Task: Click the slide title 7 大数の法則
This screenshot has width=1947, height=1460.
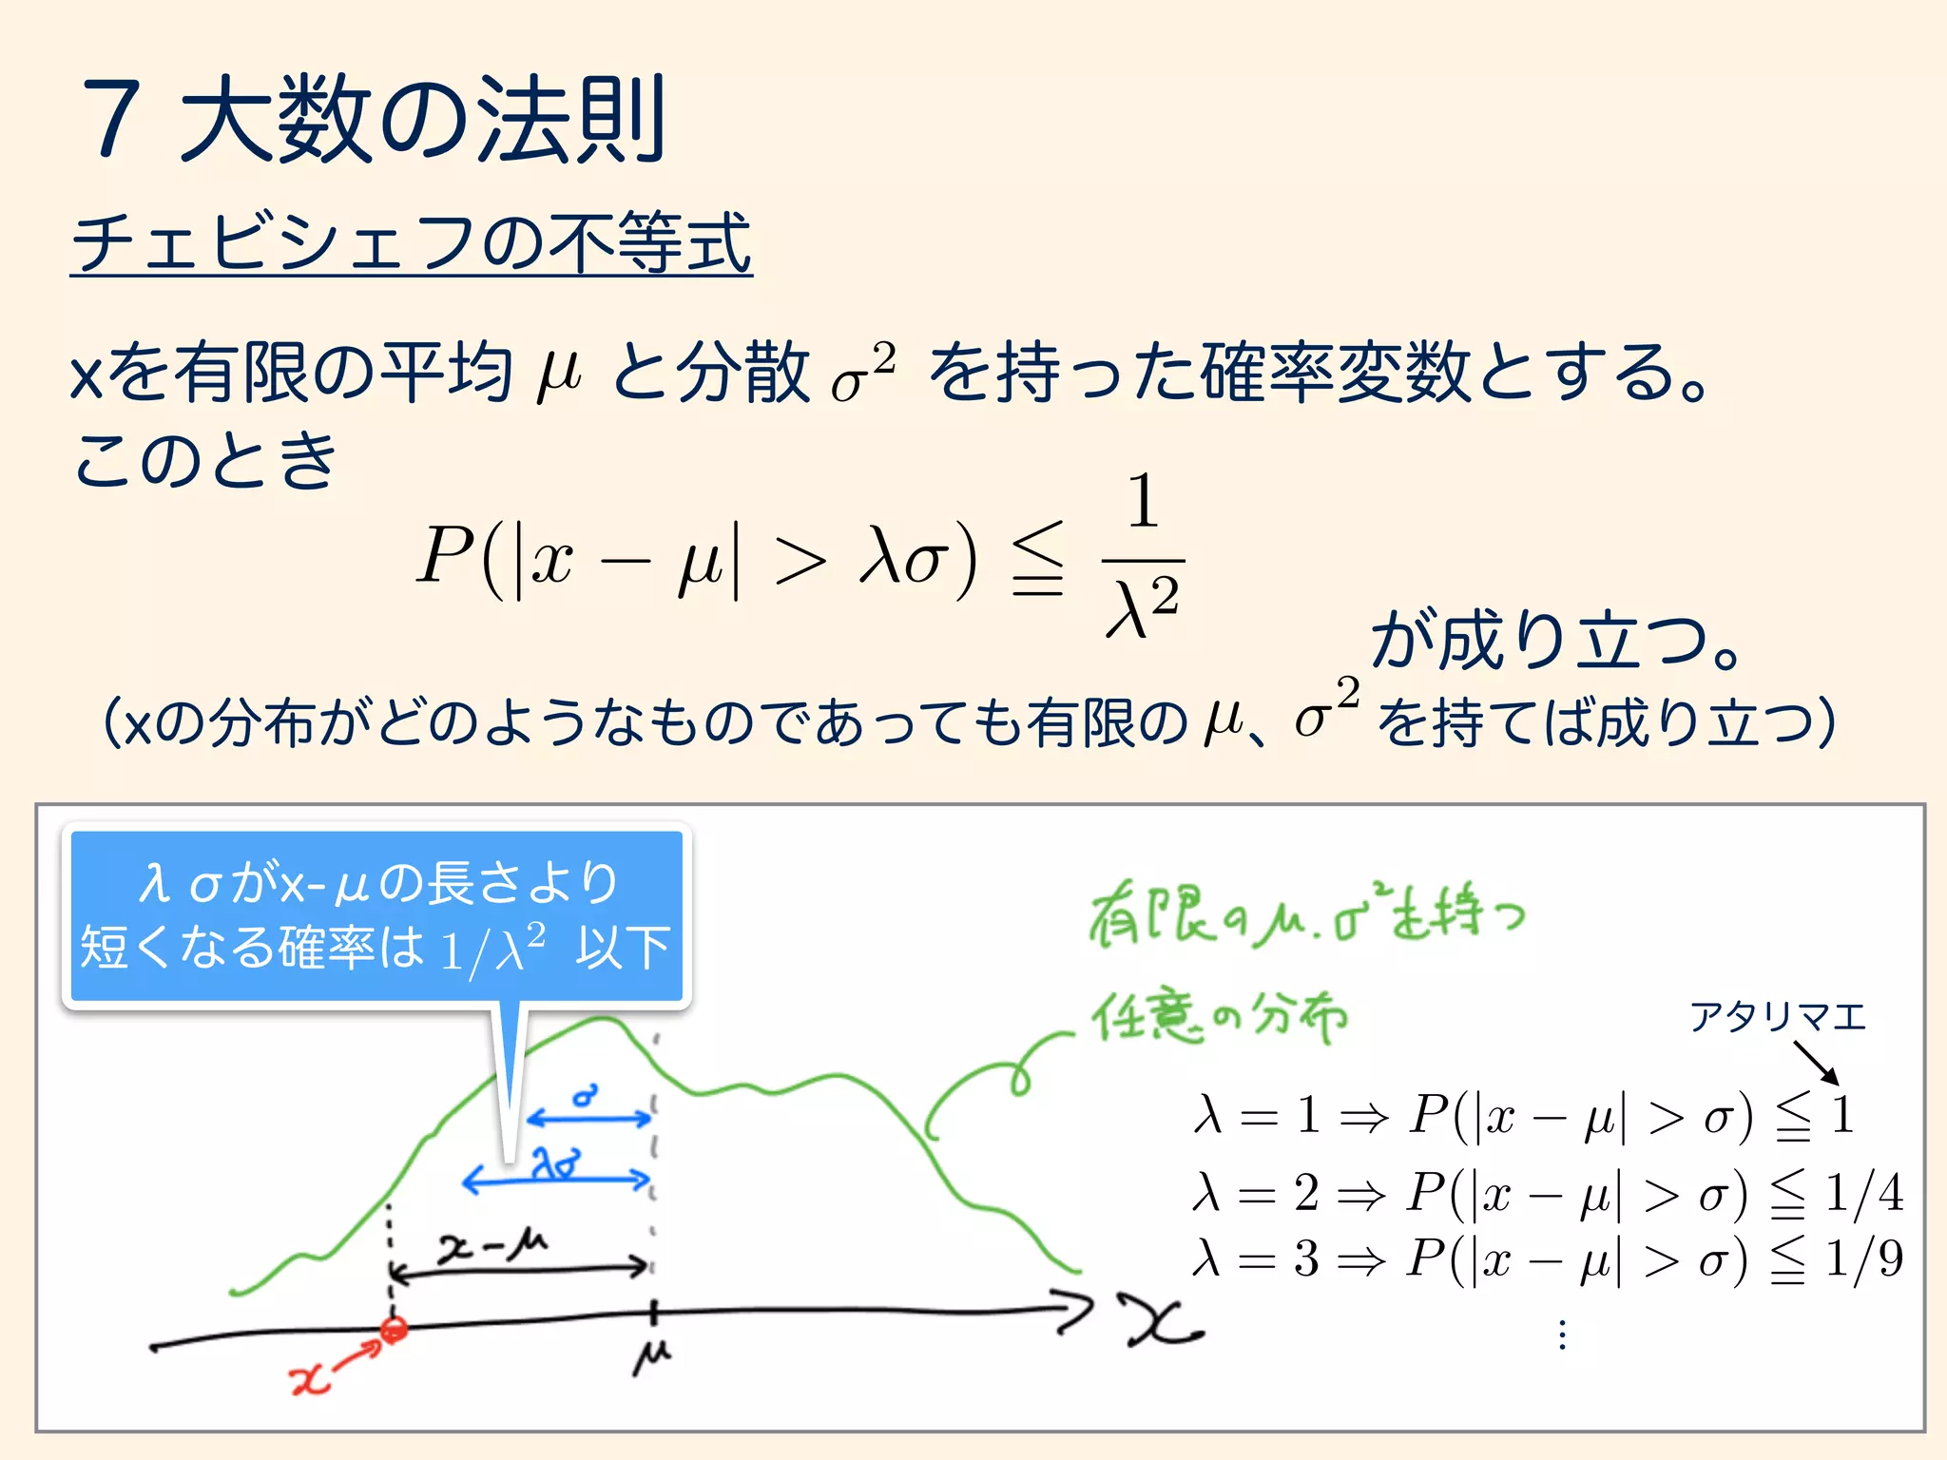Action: [x=376, y=119]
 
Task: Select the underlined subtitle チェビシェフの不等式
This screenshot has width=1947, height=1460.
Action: [x=411, y=243]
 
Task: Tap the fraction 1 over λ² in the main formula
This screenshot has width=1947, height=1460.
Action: [x=1143, y=556]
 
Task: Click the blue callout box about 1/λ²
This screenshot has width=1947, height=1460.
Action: [x=376, y=915]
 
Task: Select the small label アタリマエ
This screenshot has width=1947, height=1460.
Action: [x=1777, y=1017]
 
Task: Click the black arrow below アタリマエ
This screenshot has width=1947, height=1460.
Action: [x=1816, y=1063]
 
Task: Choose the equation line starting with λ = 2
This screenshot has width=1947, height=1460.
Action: [x=1547, y=1193]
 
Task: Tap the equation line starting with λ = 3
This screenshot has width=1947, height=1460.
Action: [x=1547, y=1259]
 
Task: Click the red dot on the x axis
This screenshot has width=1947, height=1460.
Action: [x=394, y=1329]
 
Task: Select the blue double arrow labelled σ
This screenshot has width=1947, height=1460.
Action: [x=589, y=1118]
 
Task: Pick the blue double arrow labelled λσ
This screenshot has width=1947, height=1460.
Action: [x=556, y=1181]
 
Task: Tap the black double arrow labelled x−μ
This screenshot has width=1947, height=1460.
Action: [x=520, y=1268]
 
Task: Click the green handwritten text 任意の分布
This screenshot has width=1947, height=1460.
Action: [x=1219, y=1017]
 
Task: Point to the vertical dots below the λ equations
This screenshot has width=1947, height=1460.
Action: [x=1562, y=1335]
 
